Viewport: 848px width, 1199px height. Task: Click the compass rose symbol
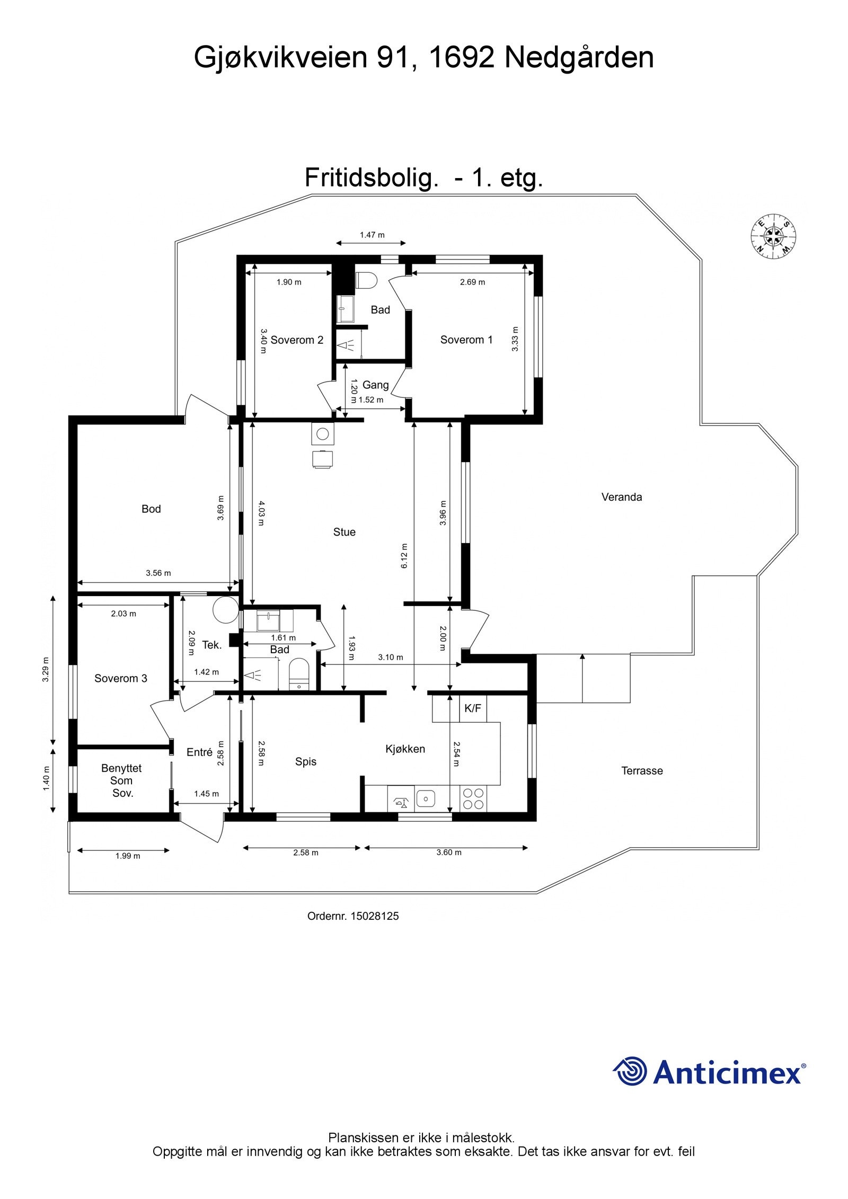773,237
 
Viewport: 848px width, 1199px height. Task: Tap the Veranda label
621,497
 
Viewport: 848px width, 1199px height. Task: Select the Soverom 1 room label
466,340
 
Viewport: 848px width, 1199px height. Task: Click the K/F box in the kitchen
472,708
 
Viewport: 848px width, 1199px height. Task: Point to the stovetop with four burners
473,798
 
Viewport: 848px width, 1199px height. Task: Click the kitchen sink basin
425,797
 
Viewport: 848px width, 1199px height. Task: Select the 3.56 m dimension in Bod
158,573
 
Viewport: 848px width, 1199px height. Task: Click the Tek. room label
212,644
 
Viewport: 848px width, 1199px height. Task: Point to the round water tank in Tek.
225,610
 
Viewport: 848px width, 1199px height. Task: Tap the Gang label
375,385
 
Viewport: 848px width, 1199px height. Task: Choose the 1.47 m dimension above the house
372,235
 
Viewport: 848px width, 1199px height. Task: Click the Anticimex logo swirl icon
630,1070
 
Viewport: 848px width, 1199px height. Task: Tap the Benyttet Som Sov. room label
122,780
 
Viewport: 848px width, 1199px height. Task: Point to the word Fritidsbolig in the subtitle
369,178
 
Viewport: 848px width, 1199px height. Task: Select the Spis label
305,761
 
